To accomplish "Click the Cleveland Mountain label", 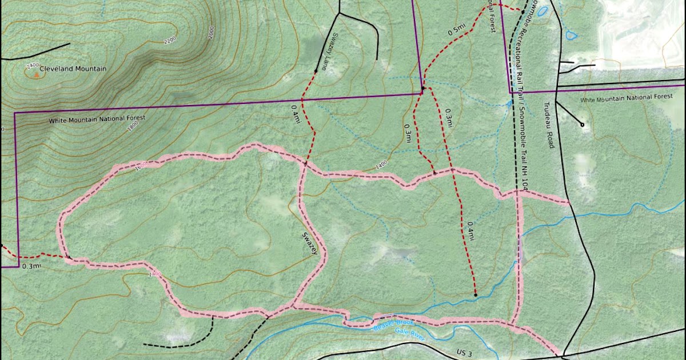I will [73, 69].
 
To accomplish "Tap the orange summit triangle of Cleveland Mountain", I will [37, 73].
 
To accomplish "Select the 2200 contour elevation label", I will [170, 42].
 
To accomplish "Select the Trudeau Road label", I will [549, 125].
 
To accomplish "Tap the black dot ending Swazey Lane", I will [316, 71].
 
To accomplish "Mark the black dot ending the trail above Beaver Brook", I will [476, 295].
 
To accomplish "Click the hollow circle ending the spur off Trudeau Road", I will [583, 125].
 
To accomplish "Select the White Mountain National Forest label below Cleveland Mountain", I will [97, 120].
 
